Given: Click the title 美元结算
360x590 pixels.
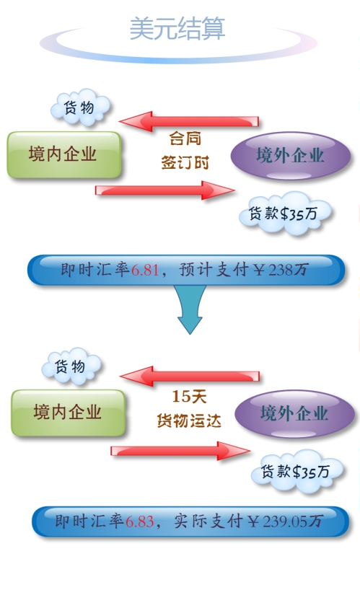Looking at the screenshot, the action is [177, 28].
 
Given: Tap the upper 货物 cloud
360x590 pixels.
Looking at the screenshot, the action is [80, 107].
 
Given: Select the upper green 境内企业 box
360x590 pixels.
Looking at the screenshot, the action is [63, 154].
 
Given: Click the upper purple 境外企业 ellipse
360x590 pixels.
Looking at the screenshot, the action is [290, 155].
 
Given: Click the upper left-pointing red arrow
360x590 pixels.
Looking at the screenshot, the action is [189, 121].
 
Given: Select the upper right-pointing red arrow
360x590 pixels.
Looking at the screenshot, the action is [164, 190].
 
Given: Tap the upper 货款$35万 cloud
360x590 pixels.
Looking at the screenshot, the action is [285, 213].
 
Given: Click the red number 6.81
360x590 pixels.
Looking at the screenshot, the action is [144, 270].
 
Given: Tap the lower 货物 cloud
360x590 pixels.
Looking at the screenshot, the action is [71, 366].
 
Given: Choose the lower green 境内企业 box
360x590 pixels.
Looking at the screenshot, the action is [68, 413].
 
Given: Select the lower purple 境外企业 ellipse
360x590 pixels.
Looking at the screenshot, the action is [294, 414].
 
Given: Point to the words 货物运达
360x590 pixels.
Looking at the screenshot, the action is [189, 421].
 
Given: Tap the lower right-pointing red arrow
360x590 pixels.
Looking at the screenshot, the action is [180, 450].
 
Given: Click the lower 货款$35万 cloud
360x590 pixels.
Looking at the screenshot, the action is [297, 471].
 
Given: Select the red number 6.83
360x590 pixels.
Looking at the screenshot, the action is [139, 521].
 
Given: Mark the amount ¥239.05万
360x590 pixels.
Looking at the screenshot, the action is [285, 521].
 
